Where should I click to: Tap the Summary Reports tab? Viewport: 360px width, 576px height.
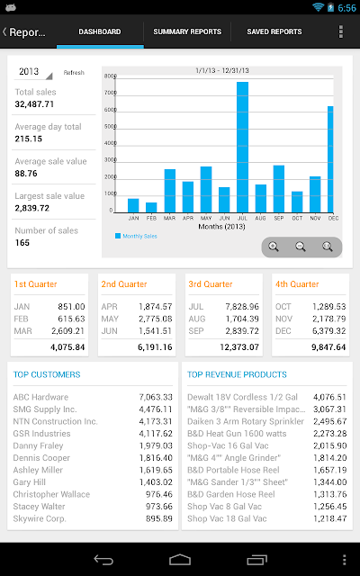pos(187,31)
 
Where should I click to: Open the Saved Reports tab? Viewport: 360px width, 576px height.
pos(274,31)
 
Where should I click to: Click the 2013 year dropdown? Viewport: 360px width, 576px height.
pos(33,72)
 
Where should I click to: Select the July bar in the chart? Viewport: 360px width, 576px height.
pos(242,148)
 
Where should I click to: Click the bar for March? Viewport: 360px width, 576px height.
pos(170,191)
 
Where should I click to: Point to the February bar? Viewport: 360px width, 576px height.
pos(151,208)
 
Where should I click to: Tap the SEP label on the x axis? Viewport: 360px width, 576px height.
pos(279,218)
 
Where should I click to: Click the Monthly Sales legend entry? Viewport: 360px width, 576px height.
pos(136,236)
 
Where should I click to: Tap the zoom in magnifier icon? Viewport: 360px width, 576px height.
pos(274,247)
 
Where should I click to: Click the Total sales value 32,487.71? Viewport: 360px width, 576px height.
pos(34,104)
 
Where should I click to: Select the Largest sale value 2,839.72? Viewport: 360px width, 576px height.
pos(32,208)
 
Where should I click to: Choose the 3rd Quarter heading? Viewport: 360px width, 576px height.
pos(211,284)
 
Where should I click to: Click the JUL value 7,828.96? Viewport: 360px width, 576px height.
pos(242,307)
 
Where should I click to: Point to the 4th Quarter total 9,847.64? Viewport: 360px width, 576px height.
pos(328,347)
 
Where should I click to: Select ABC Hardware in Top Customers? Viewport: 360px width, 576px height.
pos(40,397)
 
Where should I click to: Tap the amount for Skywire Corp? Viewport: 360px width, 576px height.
pos(159,518)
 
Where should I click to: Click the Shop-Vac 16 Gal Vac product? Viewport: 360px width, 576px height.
pos(228,446)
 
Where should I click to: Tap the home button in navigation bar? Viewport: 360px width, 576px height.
pos(180,560)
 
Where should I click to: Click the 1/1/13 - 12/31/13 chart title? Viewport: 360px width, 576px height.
pos(222,70)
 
